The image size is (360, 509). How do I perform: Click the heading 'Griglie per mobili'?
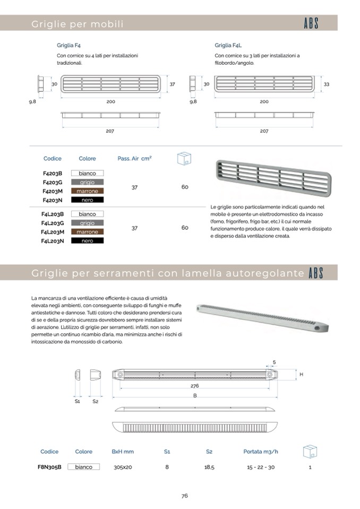point(78,24)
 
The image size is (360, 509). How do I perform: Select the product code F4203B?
point(53,173)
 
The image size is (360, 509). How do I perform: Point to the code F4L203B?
point(53,214)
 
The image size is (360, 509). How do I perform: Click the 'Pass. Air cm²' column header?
point(134,158)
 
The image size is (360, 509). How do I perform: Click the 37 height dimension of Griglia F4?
point(172,84)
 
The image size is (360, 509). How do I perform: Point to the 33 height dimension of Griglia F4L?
point(327,84)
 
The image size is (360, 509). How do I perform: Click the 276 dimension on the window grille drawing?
point(195,386)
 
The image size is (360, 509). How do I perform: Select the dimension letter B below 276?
point(195,396)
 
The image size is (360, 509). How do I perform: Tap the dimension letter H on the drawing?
point(301,375)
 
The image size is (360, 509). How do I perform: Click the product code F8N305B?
point(49,467)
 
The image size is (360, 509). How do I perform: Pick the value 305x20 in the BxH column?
point(123,468)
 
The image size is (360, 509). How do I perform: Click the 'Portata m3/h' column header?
point(261,452)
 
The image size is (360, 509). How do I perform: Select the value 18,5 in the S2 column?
point(209,468)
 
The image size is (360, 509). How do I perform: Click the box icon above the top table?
point(184,158)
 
